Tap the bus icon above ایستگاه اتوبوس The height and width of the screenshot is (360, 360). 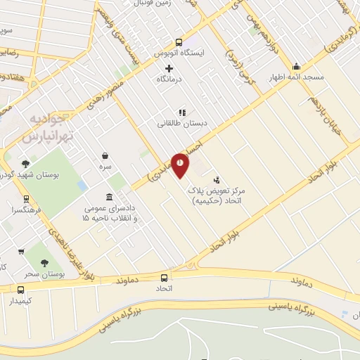(179, 41)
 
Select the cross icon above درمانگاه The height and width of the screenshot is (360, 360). (168, 68)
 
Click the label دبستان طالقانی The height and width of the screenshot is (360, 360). (183, 122)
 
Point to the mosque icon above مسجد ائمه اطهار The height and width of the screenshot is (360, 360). (296, 65)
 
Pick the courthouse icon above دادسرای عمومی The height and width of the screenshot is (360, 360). (108, 197)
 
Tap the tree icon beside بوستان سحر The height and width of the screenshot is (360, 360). (45, 262)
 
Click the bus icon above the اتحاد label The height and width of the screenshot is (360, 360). (164, 277)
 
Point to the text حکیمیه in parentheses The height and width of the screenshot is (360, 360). (207, 200)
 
